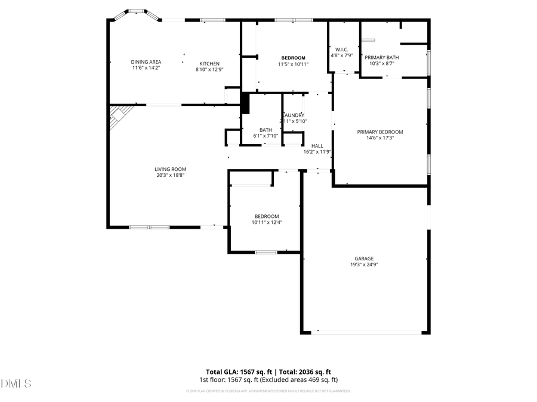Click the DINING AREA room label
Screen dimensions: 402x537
(146, 61)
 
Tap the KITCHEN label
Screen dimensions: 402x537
(209, 64)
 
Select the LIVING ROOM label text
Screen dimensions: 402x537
(171, 169)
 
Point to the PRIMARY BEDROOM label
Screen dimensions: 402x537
(380, 132)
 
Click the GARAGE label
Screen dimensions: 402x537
(364, 258)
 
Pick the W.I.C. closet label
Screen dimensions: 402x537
(341, 49)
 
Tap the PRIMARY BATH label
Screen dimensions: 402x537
(382, 57)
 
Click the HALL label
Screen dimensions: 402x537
(317, 146)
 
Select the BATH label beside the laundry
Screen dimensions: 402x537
(266, 130)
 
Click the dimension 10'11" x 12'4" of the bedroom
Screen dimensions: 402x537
(267, 222)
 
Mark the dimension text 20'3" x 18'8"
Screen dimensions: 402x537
(171, 175)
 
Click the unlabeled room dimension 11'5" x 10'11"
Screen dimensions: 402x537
(293, 64)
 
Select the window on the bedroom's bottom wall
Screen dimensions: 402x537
(266, 253)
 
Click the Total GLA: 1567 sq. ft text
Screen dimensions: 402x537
(236, 372)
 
